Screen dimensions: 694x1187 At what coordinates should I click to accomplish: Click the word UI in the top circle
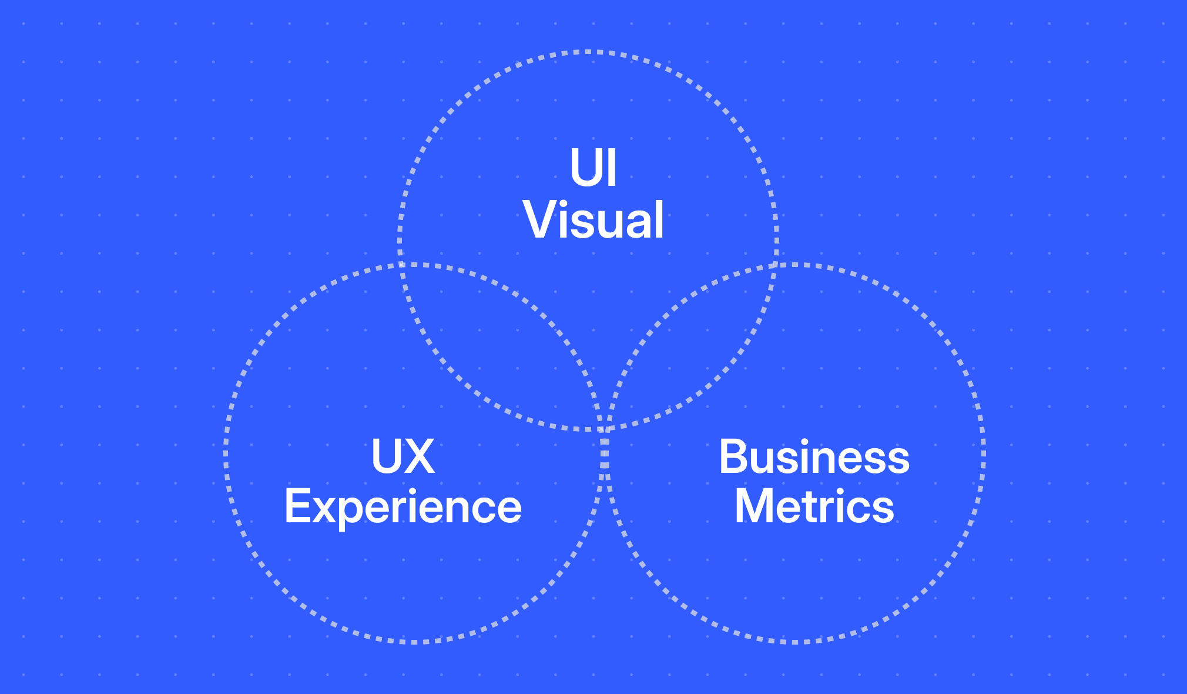[x=593, y=168]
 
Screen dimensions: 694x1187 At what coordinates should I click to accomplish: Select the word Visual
[x=593, y=220]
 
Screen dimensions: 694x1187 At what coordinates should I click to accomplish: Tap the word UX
[x=403, y=456]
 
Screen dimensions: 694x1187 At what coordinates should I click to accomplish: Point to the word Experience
[x=403, y=507]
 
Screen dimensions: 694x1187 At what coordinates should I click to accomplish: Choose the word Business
[x=814, y=457]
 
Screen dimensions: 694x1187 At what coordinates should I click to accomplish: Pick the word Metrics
[x=814, y=506]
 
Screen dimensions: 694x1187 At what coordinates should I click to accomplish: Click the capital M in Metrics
[x=755, y=506]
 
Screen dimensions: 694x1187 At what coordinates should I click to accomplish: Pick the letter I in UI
[x=612, y=168]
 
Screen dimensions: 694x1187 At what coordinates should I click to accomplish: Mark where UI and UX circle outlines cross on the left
[x=401, y=265]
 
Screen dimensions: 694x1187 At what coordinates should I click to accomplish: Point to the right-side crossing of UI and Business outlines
[x=776, y=265]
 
